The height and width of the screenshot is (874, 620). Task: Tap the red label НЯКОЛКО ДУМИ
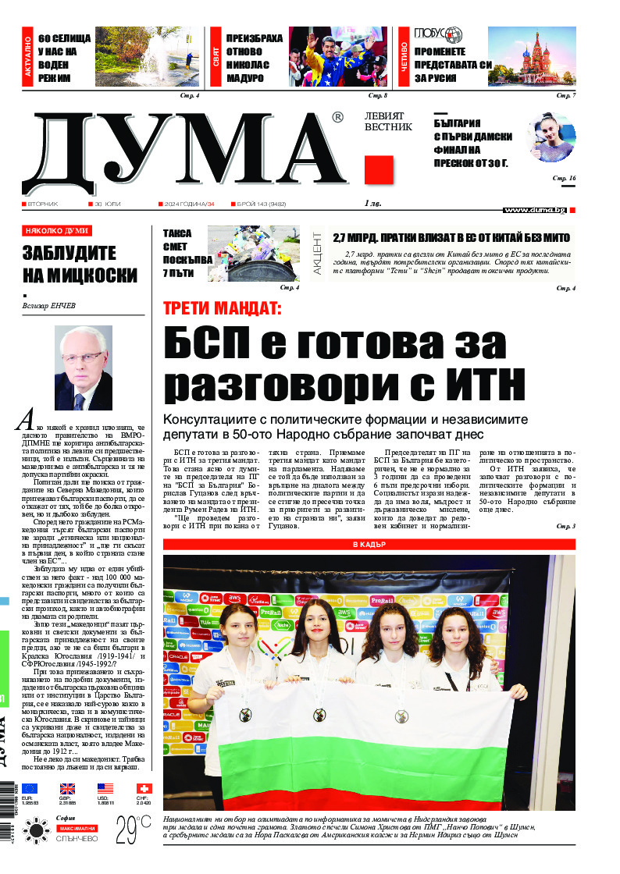57,231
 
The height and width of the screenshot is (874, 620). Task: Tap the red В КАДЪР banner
369,543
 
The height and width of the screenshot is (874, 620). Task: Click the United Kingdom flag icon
68,788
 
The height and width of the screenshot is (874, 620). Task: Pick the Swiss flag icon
144,788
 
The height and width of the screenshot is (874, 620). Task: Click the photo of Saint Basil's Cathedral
532,57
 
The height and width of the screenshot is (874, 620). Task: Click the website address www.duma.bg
534,210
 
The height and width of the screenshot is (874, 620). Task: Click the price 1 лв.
374,204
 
